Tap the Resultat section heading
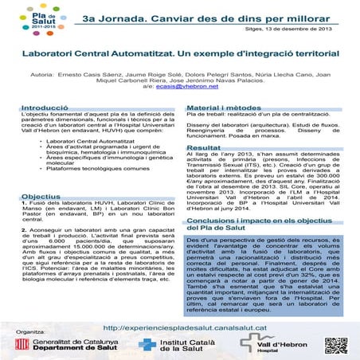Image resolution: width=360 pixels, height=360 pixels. tap(204, 149)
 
